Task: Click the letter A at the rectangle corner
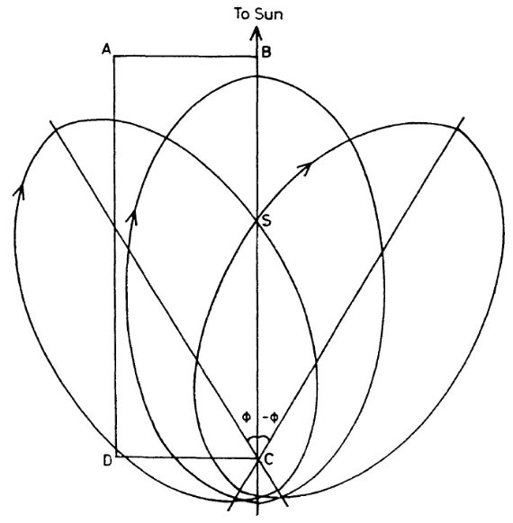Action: pyautogui.click(x=106, y=50)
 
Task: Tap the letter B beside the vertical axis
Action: pyautogui.click(x=266, y=52)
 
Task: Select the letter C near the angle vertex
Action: pyautogui.click(x=269, y=459)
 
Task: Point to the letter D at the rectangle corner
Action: pyautogui.click(x=107, y=461)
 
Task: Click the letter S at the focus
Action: pyautogui.click(x=266, y=220)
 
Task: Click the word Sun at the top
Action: pyautogui.click(x=269, y=14)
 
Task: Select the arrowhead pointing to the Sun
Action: pyautogui.click(x=256, y=34)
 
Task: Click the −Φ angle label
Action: pyautogui.click(x=271, y=417)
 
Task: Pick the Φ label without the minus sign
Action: pyautogui.click(x=247, y=417)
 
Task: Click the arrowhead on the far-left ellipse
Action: pyautogui.click(x=20, y=191)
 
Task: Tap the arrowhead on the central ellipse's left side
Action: pyautogui.click(x=132, y=217)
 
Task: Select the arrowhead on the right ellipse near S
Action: pyautogui.click(x=304, y=168)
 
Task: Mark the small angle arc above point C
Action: pyautogui.click(x=258, y=438)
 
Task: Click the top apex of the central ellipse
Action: pyautogui.click(x=256, y=76)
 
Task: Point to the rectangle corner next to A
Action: pyautogui.click(x=114, y=57)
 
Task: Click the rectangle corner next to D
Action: pyautogui.click(x=117, y=456)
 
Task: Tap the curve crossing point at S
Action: pyautogui.click(x=256, y=220)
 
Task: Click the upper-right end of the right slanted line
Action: pyautogui.click(x=464, y=118)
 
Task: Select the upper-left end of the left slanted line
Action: pyautogui.click(x=49, y=121)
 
